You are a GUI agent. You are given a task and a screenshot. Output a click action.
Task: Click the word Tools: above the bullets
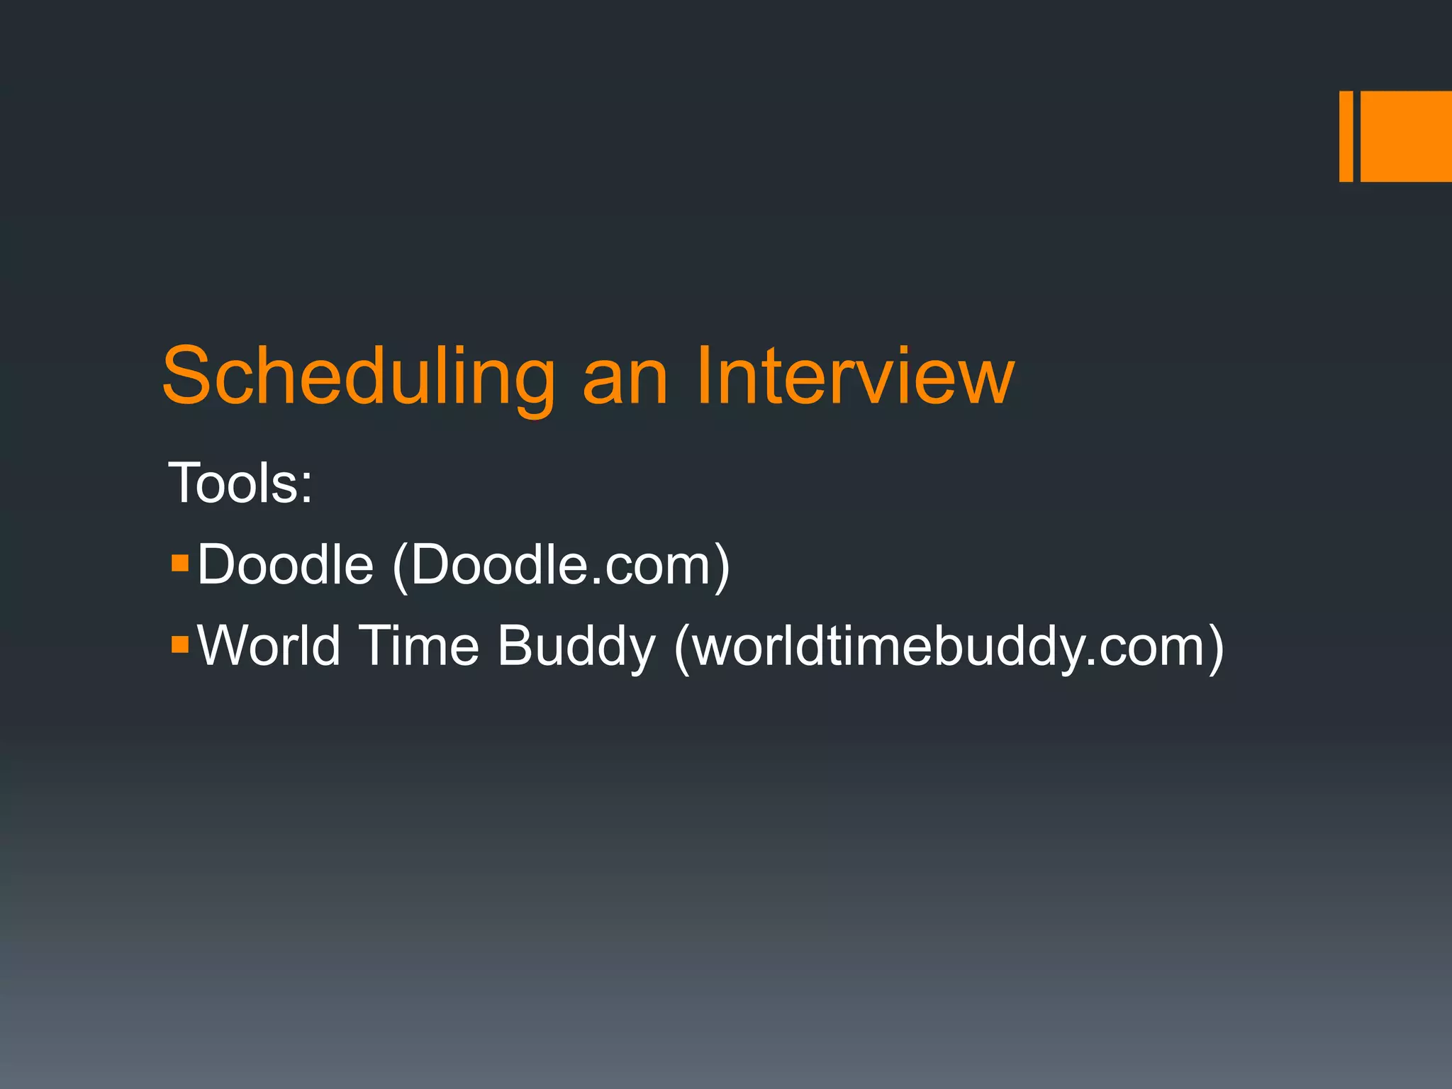[240, 483]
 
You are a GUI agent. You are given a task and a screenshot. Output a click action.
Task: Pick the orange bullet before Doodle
[180, 563]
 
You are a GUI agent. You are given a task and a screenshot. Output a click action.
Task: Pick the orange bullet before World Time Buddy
[180, 644]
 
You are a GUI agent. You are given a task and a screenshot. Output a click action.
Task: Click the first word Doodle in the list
[285, 564]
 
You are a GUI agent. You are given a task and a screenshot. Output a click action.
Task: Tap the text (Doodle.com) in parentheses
[560, 566]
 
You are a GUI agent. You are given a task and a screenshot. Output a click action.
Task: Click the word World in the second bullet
[269, 645]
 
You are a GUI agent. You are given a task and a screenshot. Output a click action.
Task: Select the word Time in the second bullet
[419, 645]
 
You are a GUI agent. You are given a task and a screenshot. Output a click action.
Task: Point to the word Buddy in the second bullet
[576, 647]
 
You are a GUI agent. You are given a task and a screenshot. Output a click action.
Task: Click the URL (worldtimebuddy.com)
[948, 647]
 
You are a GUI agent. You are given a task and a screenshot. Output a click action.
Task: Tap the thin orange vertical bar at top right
[1346, 136]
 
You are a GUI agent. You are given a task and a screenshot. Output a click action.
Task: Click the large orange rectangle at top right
[1406, 136]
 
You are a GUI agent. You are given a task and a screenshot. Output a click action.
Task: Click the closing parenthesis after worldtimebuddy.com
[1214, 648]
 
